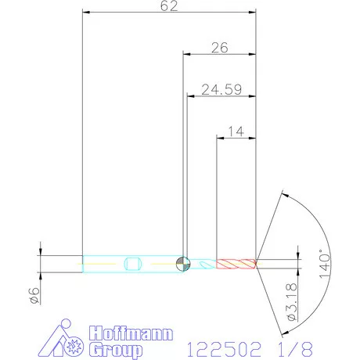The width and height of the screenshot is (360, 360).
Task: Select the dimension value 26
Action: [x=220, y=48]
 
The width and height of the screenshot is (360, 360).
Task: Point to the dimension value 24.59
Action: [x=221, y=90]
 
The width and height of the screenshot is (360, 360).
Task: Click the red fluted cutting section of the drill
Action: [x=236, y=264]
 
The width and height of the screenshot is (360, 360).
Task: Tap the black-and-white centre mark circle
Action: [x=182, y=264]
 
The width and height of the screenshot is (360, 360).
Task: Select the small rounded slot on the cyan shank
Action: [x=132, y=264]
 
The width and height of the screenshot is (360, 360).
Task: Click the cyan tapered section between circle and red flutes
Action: [x=202, y=265]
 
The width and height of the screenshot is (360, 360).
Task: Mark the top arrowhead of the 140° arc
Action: [x=282, y=193]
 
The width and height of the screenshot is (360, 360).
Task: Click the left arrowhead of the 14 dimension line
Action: [x=220, y=138]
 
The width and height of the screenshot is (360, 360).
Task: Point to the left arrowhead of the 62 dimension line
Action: [x=87, y=13]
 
